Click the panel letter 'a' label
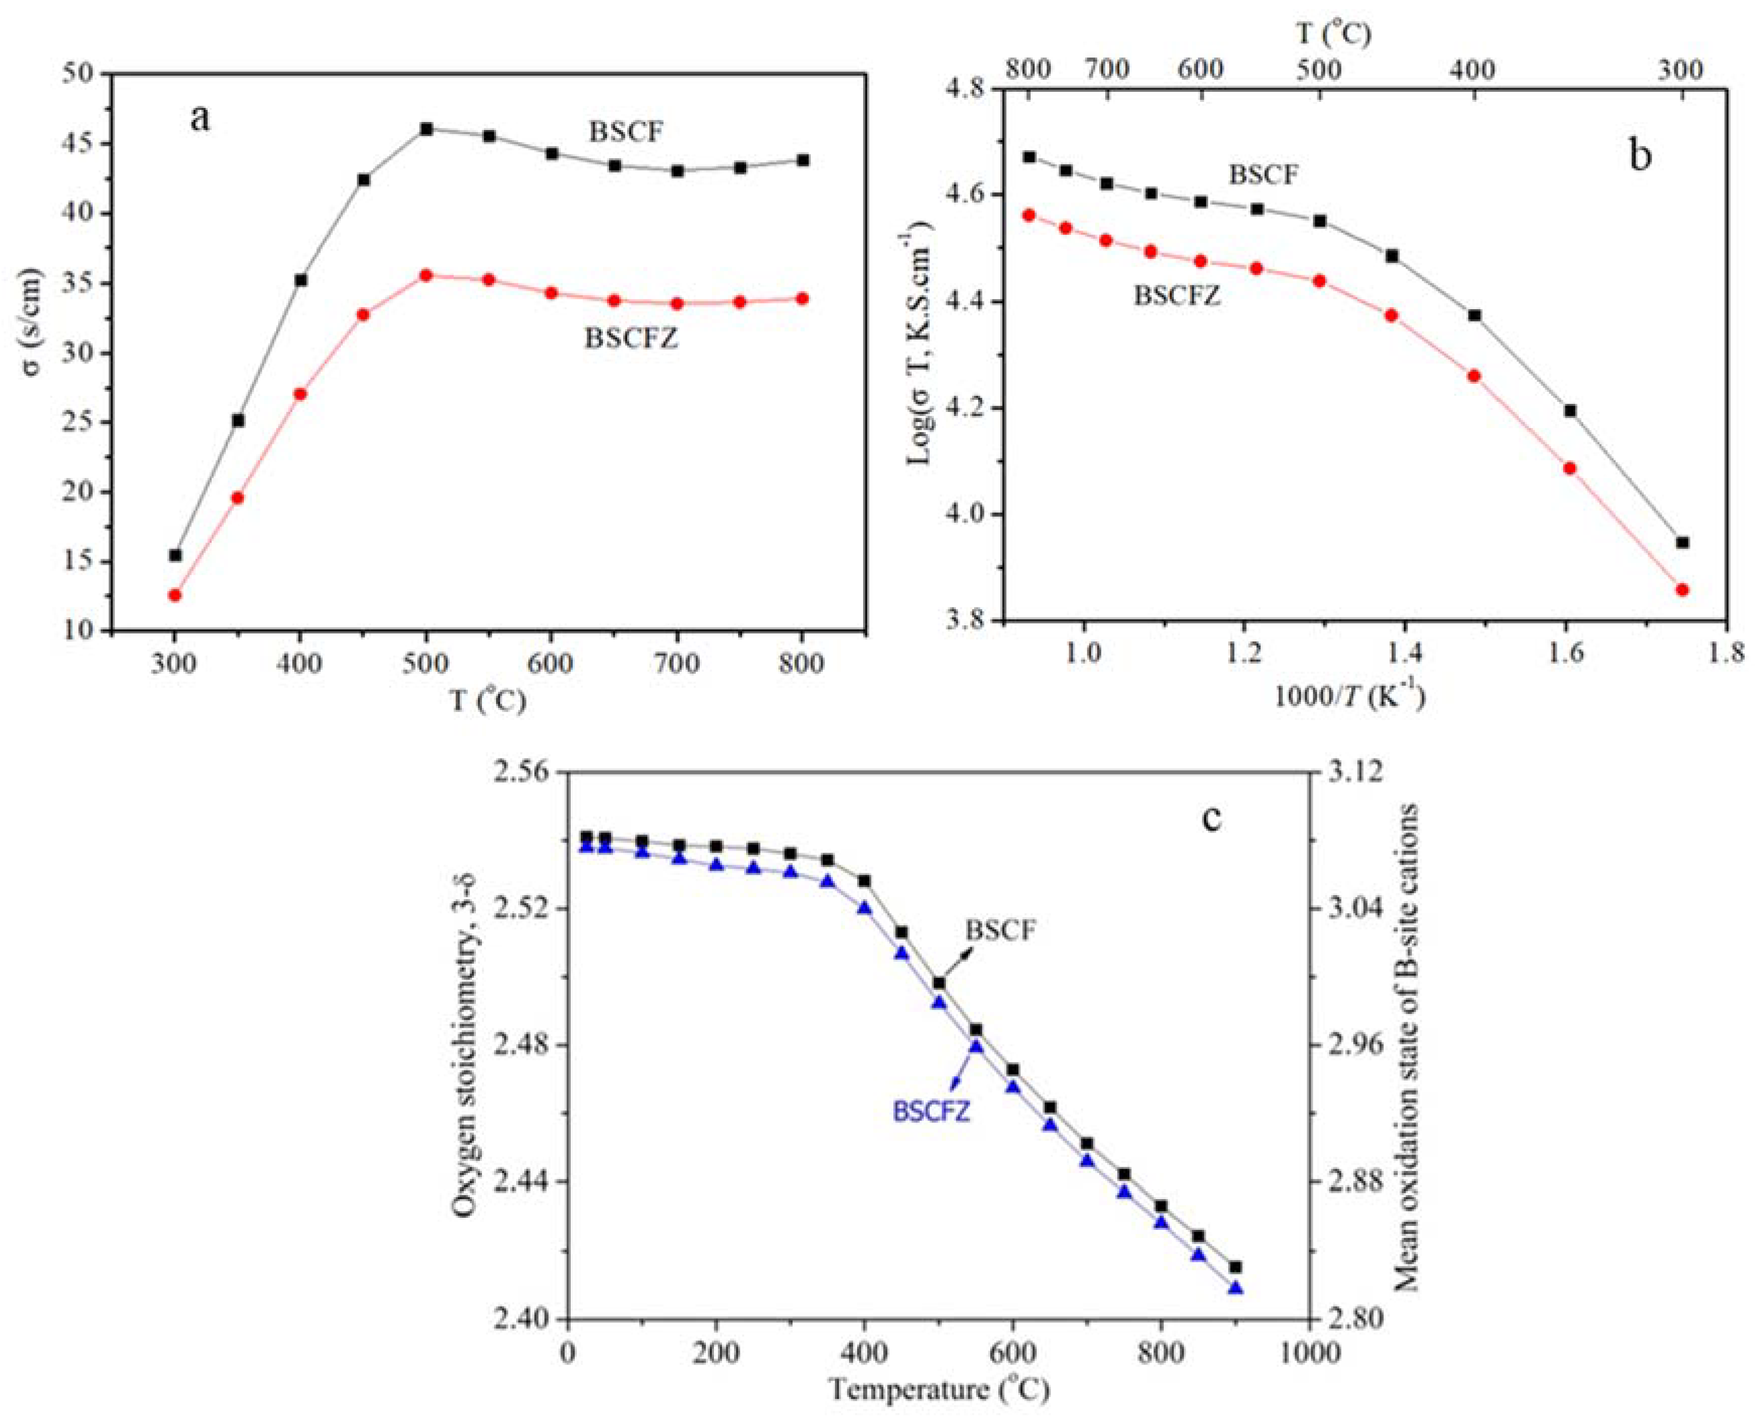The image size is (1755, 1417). (x=200, y=119)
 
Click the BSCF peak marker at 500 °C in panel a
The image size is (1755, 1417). (x=426, y=129)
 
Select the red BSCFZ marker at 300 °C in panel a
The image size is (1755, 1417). (x=174, y=594)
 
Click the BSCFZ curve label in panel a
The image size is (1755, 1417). (x=631, y=338)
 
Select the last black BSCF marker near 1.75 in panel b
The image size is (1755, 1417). (x=1681, y=542)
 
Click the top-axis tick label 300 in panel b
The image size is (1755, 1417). (x=1681, y=71)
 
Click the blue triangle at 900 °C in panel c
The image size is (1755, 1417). (x=1235, y=1288)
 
